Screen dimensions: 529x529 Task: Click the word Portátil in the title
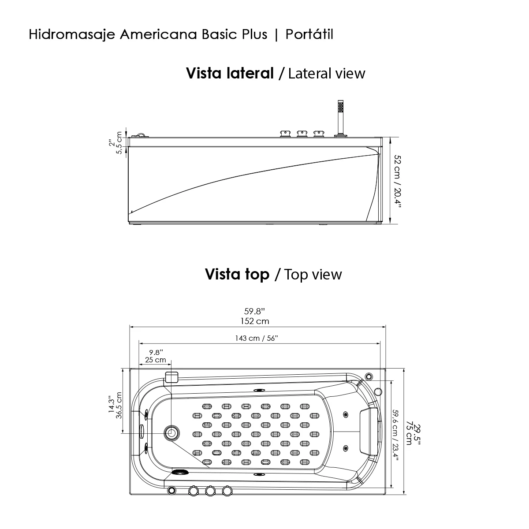[x=309, y=35]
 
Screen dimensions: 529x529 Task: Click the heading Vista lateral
[x=230, y=73]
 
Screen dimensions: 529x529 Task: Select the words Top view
[x=313, y=275]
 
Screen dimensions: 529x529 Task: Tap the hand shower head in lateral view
[x=340, y=108]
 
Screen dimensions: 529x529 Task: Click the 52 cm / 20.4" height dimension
[x=398, y=180]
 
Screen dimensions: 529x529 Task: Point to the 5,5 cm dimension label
[x=119, y=143]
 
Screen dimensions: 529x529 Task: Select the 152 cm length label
[x=254, y=321]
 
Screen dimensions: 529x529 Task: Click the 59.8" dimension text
[x=254, y=312]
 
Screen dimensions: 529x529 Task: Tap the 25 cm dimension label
[x=155, y=360]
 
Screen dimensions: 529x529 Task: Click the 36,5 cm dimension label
[x=119, y=406]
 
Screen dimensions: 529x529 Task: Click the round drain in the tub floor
[x=171, y=433]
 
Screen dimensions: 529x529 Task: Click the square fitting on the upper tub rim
[x=171, y=377]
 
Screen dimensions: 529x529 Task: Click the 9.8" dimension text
[x=156, y=352]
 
